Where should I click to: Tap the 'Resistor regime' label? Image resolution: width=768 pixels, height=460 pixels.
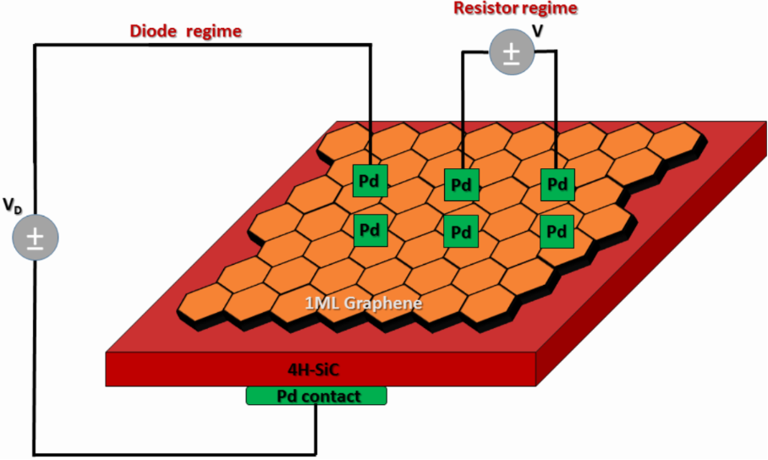[x=515, y=9]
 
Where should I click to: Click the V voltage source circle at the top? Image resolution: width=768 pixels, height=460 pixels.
[x=512, y=52]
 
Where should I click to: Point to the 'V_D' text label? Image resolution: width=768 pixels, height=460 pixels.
[x=13, y=205]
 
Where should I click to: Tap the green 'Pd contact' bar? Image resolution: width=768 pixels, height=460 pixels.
[x=316, y=396]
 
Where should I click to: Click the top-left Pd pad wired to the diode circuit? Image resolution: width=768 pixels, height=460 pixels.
[x=370, y=181]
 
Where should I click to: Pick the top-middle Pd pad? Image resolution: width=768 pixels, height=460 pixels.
[x=462, y=183]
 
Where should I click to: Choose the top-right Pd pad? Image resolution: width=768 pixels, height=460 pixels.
[x=556, y=183]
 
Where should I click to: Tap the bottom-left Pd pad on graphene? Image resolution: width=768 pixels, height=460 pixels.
[x=370, y=229]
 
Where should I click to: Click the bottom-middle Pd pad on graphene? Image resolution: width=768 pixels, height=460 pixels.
[x=462, y=230]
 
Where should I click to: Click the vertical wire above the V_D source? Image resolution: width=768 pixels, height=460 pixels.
[x=34, y=127]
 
